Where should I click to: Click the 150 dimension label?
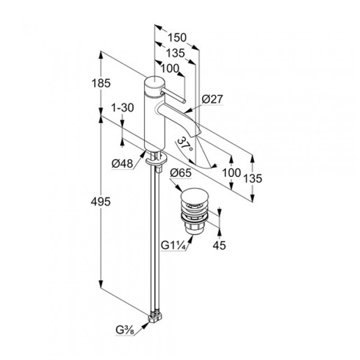(x=177, y=38)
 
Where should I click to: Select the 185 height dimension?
(x=101, y=83)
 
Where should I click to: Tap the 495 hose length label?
(x=101, y=202)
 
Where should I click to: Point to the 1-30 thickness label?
(x=122, y=107)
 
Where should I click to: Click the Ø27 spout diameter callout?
(x=212, y=99)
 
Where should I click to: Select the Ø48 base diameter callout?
(x=122, y=164)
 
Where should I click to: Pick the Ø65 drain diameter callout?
(x=181, y=173)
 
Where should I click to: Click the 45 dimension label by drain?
(x=219, y=245)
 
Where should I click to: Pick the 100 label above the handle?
(x=170, y=68)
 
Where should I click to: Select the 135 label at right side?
(x=253, y=178)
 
